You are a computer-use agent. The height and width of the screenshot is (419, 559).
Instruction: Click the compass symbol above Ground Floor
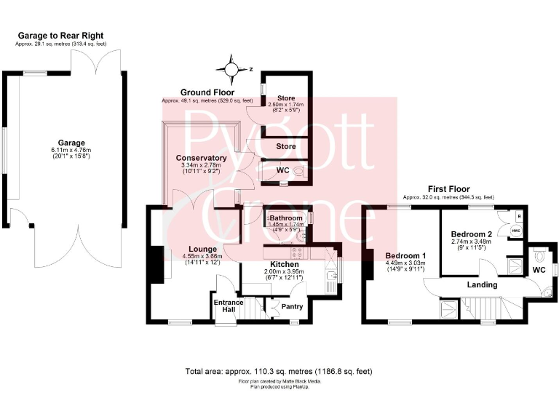(231, 70)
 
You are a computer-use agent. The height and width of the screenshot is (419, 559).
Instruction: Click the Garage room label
(72, 143)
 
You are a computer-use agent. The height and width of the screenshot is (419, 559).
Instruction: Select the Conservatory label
(201, 158)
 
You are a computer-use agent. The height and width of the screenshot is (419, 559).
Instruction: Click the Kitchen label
(285, 263)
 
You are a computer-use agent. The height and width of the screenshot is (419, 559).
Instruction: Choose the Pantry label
(292, 306)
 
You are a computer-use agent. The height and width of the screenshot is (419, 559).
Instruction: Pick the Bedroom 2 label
(472, 234)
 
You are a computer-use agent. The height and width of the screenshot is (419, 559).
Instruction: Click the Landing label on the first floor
(482, 284)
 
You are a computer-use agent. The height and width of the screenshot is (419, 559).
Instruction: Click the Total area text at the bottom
(279, 372)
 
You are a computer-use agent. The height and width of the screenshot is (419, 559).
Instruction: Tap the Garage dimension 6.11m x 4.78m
(72, 151)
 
